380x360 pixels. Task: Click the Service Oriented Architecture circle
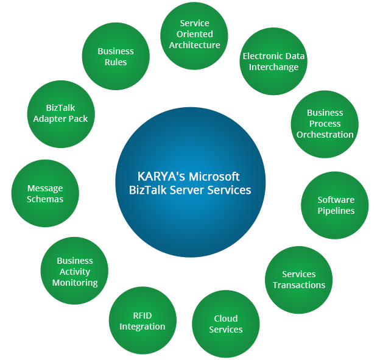tap(194, 35)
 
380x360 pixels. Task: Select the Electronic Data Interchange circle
tap(273, 62)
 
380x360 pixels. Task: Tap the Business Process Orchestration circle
tap(325, 124)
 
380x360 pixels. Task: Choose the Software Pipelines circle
tap(335, 205)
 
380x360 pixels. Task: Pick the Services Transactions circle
tap(298, 280)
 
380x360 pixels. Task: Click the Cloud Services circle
tap(225, 324)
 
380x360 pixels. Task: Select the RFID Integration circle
tap(142, 321)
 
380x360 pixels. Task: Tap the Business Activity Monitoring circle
tap(75, 272)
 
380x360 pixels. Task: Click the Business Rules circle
tap(116, 57)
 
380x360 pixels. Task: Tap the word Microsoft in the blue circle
tap(214, 177)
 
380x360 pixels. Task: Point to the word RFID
tap(142, 316)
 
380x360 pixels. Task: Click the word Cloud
tap(225, 319)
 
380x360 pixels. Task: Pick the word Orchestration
tap(325, 135)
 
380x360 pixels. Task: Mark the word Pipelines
tap(336, 211)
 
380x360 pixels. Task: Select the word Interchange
tap(273, 67)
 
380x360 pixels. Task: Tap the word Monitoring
tap(75, 283)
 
